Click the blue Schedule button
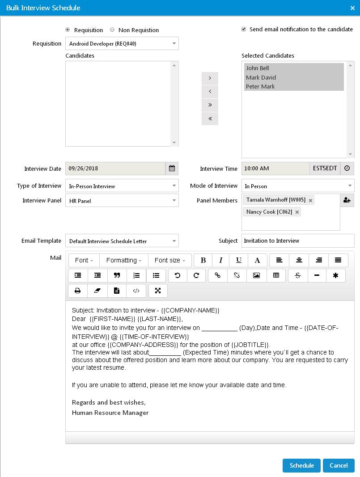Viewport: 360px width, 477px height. coord(301,465)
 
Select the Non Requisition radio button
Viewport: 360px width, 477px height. coord(112,30)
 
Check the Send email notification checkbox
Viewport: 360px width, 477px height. coord(244,29)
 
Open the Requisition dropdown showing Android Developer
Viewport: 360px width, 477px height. coord(122,43)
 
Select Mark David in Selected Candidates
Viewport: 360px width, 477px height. coord(261,77)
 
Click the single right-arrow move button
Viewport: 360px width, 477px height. coord(210,78)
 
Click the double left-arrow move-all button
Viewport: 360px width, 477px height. coord(210,118)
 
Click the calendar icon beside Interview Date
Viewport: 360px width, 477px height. coord(172,169)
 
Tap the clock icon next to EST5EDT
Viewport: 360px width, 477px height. coord(347,169)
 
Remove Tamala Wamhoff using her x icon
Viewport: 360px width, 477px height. coord(310,200)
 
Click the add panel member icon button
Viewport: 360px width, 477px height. coord(347,200)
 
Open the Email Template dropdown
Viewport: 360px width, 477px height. coord(122,241)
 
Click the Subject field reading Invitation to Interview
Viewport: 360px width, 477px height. coord(298,241)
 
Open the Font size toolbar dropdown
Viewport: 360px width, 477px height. coord(169,260)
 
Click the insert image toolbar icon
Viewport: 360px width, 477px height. coord(256,275)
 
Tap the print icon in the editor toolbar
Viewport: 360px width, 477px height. coord(78,291)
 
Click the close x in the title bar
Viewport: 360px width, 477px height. coord(352,8)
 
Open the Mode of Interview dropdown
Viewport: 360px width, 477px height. coord(298,186)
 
